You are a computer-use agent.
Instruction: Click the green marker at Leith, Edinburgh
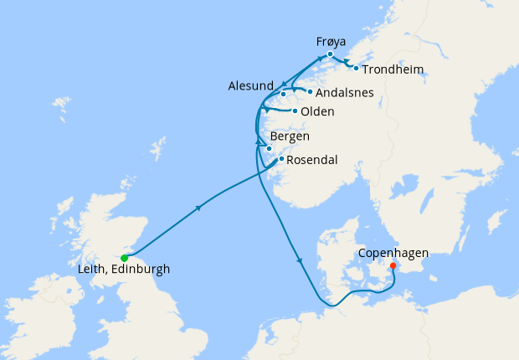tap(125, 258)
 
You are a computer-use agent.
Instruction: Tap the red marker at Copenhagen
tap(393, 267)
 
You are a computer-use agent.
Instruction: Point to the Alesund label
tap(249, 86)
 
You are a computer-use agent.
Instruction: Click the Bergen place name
tap(290, 136)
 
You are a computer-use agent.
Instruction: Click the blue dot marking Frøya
tap(331, 54)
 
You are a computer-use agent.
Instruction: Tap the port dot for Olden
tap(295, 111)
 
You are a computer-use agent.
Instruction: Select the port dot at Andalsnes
tap(310, 92)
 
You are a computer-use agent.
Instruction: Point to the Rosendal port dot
tap(281, 158)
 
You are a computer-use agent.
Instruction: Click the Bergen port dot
tap(269, 149)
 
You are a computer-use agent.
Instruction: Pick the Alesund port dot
tap(283, 94)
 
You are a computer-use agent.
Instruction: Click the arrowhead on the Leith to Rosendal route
tap(198, 208)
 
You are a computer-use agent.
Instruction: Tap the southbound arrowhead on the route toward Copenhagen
tap(299, 262)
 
